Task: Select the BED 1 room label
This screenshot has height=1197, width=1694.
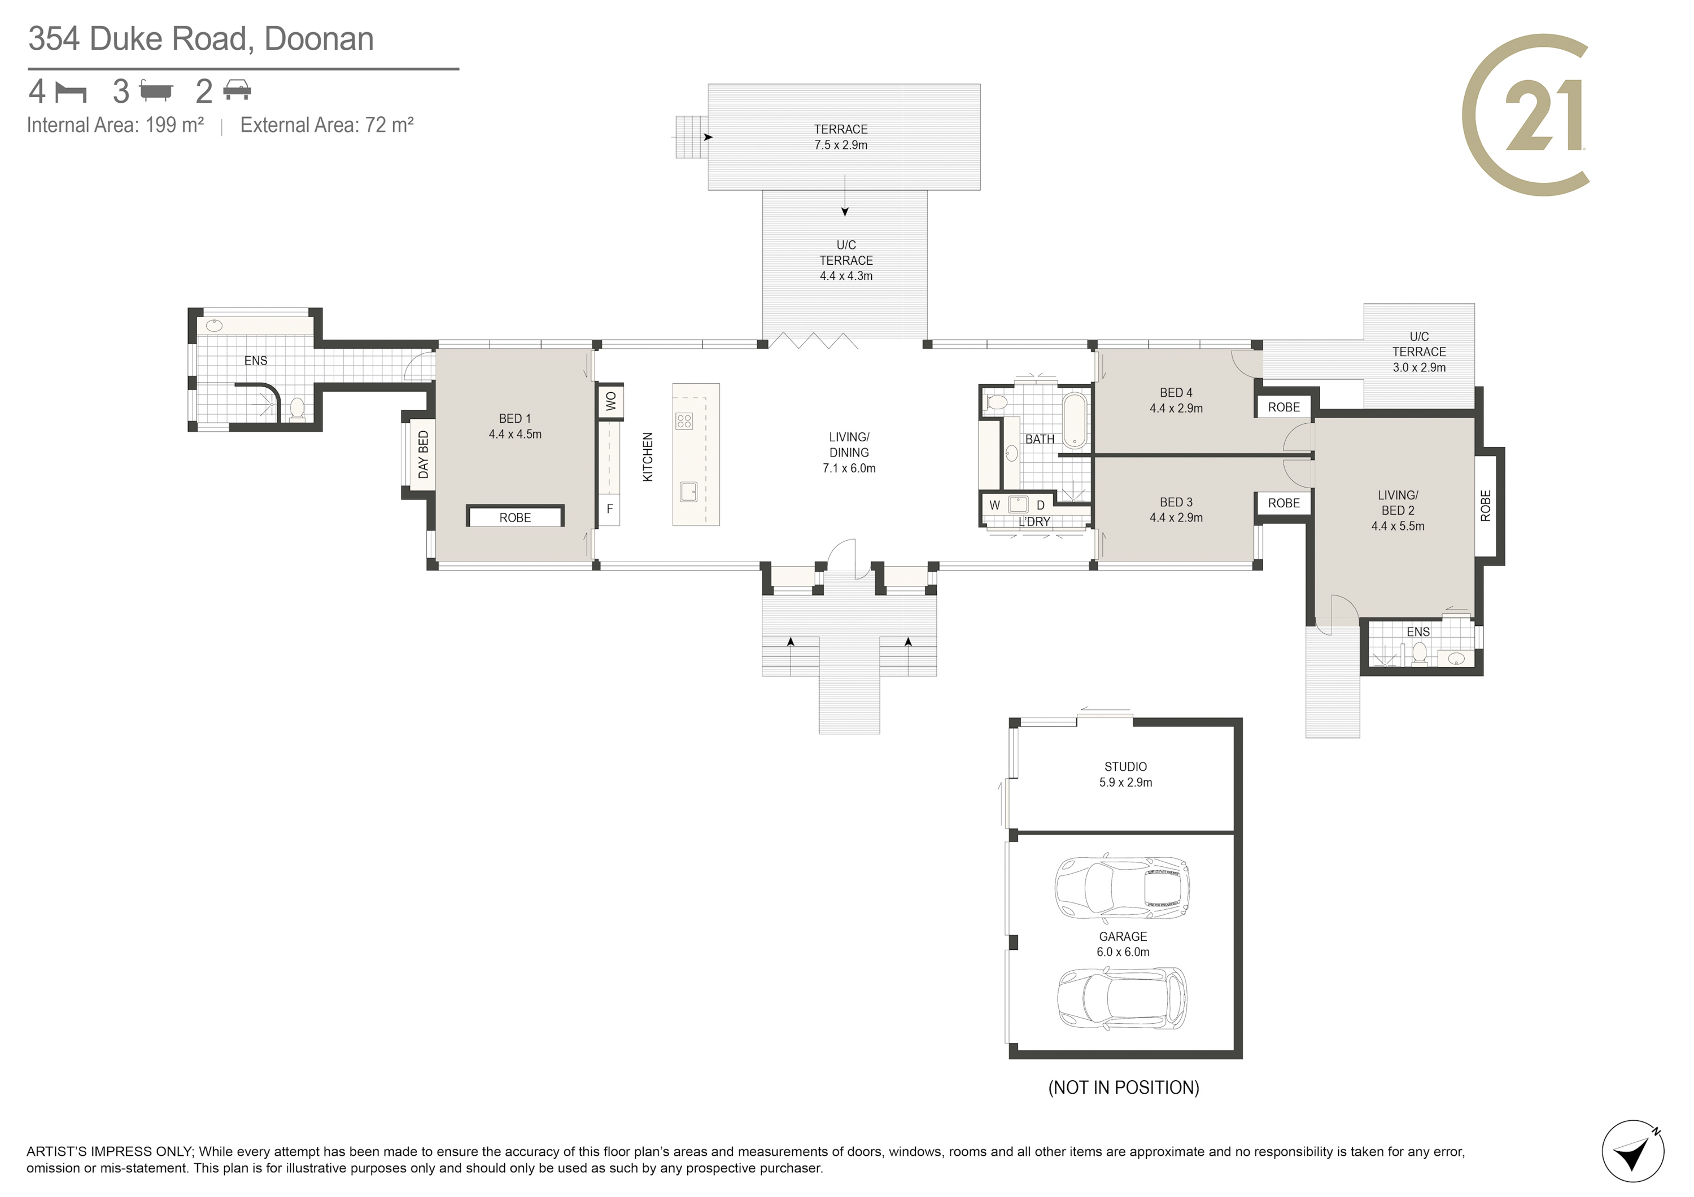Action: pyautogui.click(x=514, y=418)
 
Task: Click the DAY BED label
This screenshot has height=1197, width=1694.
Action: pyautogui.click(x=423, y=454)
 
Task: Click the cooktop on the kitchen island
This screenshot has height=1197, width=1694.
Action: pyautogui.click(x=684, y=421)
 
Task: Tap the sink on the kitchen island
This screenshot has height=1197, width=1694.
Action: pyautogui.click(x=688, y=491)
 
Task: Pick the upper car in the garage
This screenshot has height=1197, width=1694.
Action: pyautogui.click(x=1122, y=888)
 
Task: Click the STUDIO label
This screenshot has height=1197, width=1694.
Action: pyautogui.click(x=1125, y=767)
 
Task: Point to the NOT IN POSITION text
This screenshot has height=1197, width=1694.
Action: pyautogui.click(x=1124, y=1087)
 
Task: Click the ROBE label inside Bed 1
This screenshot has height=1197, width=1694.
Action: pyautogui.click(x=515, y=518)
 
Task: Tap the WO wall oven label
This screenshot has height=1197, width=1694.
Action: pyautogui.click(x=610, y=401)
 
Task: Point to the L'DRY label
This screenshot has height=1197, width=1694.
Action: pyautogui.click(x=1034, y=521)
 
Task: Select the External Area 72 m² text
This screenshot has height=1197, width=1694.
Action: pyautogui.click(x=327, y=125)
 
